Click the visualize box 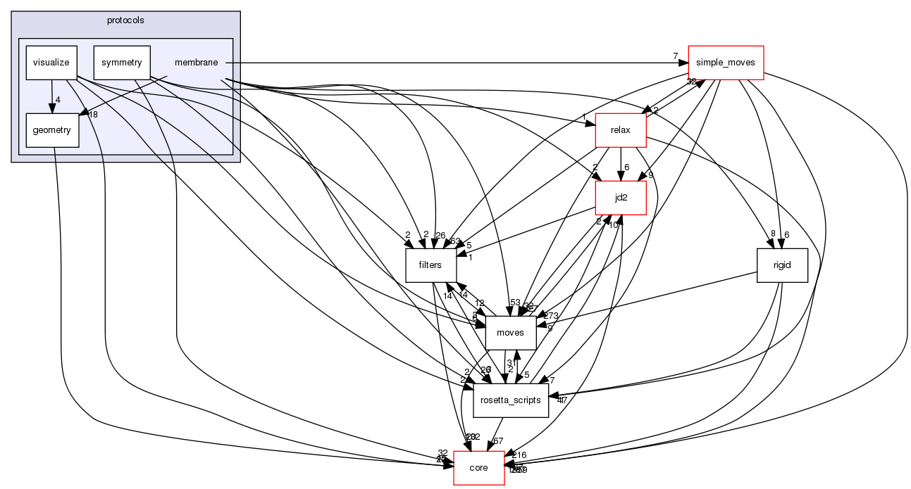[51, 63]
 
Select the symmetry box [122, 63]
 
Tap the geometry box [51, 130]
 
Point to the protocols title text [125, 20]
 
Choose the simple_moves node [726, 63]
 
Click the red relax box [621, 130]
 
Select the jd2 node [621, 198]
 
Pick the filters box [430, 265]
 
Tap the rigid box [781, 265]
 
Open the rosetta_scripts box [511, 400]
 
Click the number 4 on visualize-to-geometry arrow [58, 99]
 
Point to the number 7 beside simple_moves [675, 56]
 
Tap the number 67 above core [498, 440]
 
